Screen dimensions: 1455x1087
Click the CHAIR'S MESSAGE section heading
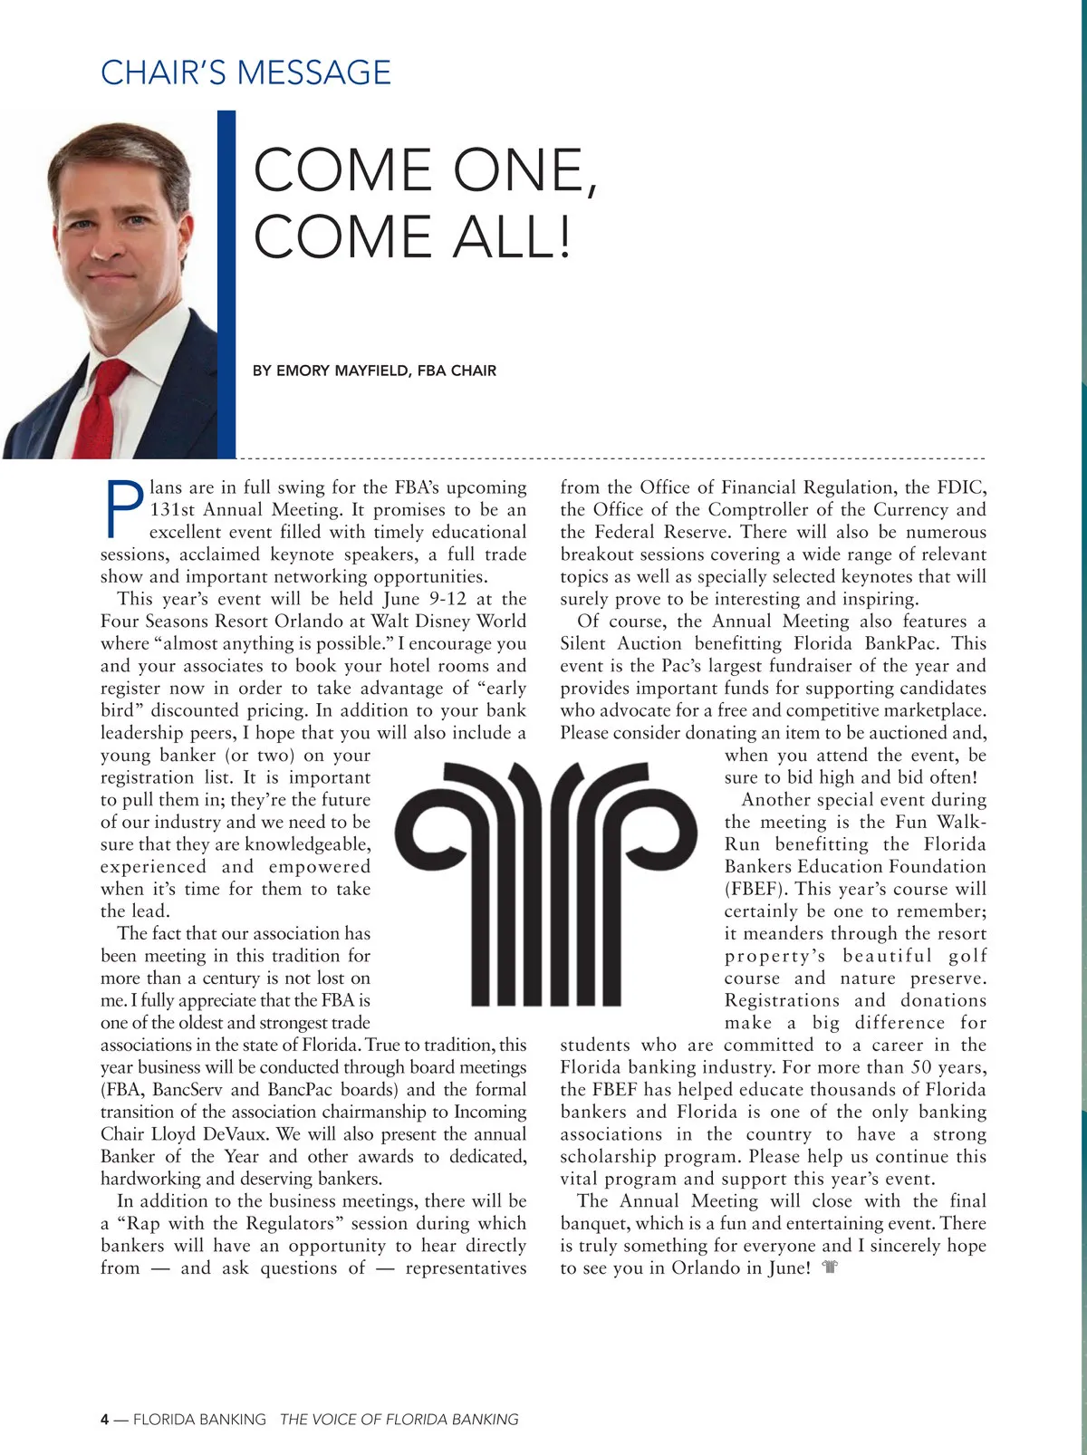point(245,72)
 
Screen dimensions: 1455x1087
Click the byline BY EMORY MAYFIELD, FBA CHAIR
point(374,371)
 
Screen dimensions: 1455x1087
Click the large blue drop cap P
point(123,508)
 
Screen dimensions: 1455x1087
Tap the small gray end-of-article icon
point(829,1268)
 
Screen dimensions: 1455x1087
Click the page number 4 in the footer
point(105,1419)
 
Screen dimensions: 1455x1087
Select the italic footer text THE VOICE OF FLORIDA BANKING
point(399,1419)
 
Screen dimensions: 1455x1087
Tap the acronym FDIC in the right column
point(963,487)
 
